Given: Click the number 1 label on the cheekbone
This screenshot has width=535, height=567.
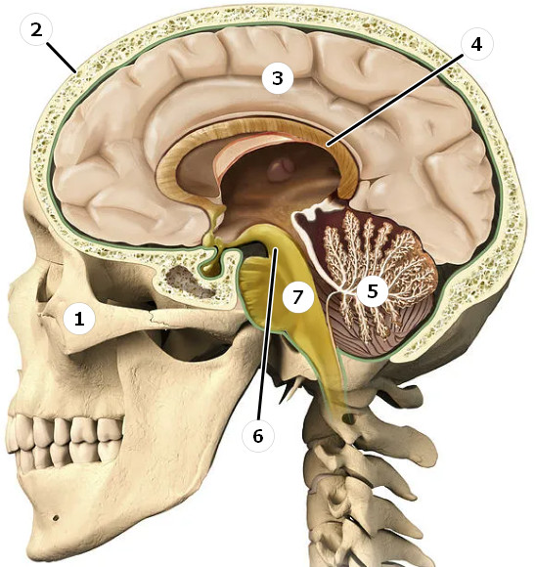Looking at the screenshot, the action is (79, 319).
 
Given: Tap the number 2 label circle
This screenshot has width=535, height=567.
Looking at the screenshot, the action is (36, 30).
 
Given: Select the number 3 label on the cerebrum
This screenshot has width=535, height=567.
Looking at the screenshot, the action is (278, 78).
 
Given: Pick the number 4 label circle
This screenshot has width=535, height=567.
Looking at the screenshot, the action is (476, 44).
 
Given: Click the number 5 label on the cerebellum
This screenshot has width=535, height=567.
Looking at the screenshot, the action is (373, 291).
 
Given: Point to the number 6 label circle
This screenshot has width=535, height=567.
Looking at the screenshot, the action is (258, 436).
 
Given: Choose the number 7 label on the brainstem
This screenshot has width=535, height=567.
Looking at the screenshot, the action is (297, 297).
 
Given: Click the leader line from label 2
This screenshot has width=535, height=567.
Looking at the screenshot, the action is (62, 58).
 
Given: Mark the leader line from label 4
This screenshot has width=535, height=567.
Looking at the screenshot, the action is (395, 100).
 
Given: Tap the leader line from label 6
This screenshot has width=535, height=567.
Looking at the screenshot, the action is (267, 333).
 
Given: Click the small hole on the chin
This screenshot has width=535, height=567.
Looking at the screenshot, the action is (56, 518).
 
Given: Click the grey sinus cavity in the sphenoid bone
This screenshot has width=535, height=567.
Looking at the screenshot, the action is (188, 282).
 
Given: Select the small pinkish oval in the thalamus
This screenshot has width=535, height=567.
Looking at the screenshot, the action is (280, 169).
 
